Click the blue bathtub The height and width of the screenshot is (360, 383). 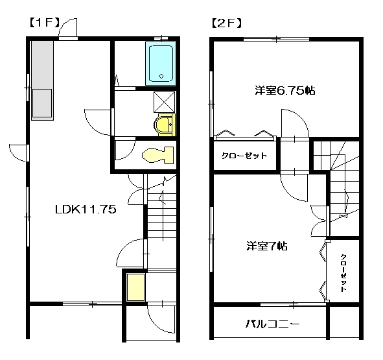coord(161,64)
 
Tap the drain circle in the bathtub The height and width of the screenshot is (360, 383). coord(161,76)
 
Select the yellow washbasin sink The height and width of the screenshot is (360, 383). coord(165,125)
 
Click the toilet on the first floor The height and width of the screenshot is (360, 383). coord(157,155)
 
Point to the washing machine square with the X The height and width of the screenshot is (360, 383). coord(165,102)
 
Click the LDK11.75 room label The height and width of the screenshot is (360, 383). coord(86,210)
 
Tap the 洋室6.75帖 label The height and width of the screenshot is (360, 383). coord(285,91)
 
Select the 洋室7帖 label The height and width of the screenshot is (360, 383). coord(267,246)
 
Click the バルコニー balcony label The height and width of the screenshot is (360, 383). coord(272,324)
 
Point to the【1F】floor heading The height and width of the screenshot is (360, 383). coord(45,23)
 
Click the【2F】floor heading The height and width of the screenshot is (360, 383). coord(227,23)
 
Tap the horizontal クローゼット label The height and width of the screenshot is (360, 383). coord(244,156)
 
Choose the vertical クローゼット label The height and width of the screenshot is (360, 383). coord(343,273)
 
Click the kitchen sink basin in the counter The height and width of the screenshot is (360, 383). coord(42,103)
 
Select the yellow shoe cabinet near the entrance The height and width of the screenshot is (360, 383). coord(135,287)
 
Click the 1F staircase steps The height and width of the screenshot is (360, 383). coord(162,215)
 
